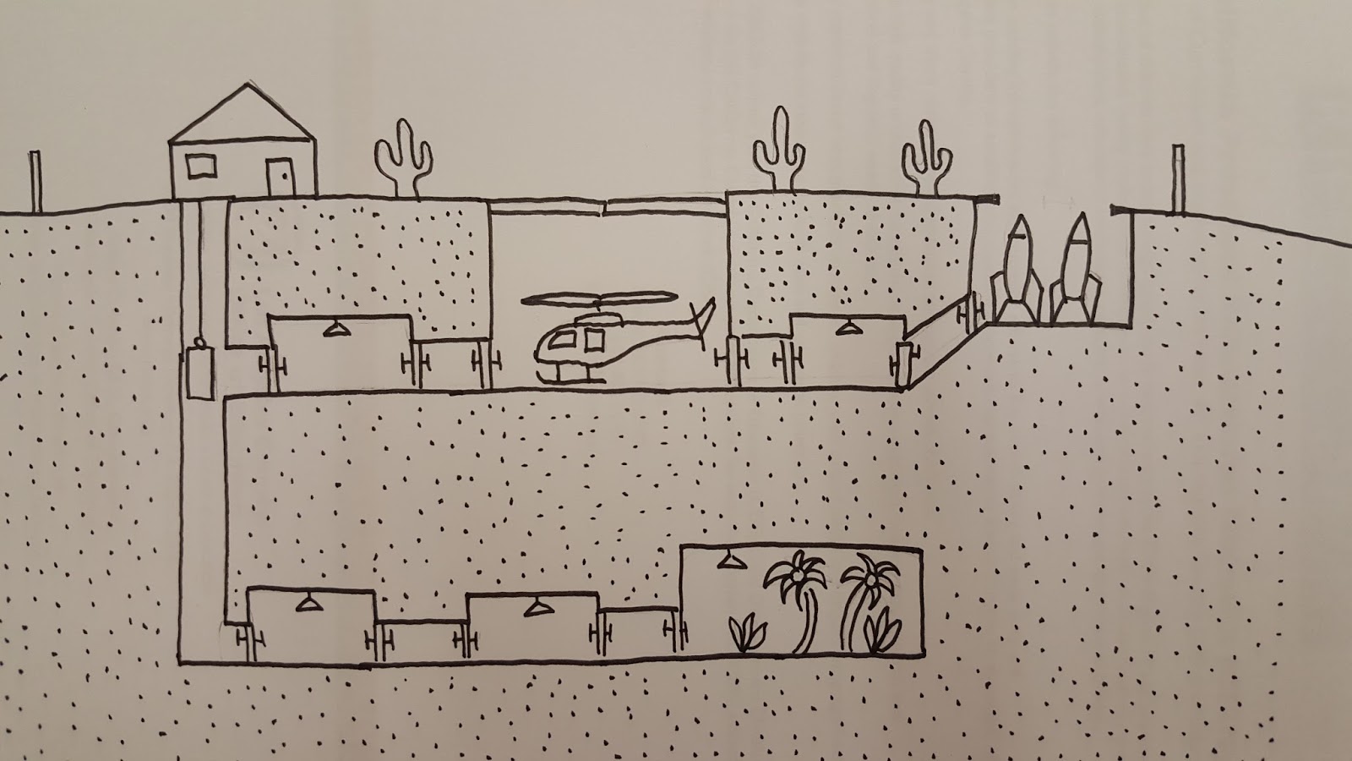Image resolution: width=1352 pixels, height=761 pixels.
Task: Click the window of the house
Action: (x=201, y=166)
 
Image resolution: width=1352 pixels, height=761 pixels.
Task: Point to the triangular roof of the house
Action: (x=243, y=113)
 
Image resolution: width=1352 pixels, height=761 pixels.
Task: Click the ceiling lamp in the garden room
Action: (x=726, y=562)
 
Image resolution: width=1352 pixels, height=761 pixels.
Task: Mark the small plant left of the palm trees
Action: (x=747, y=635)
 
